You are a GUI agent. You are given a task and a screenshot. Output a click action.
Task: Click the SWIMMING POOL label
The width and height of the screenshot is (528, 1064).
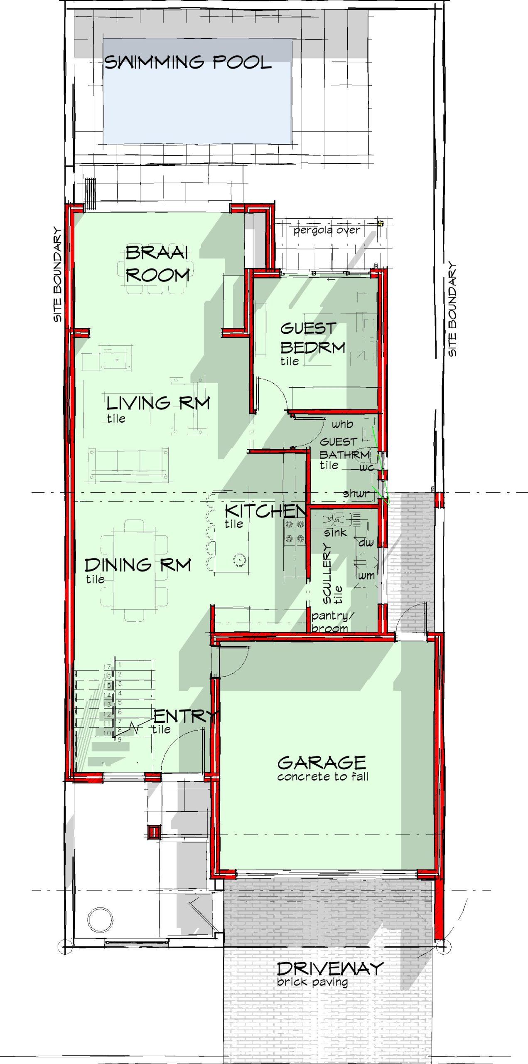pos(187,62)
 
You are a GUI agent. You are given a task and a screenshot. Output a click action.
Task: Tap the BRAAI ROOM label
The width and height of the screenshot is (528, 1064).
pos(157,264)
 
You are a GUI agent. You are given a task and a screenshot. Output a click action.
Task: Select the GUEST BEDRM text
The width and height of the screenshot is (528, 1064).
pos(313,337)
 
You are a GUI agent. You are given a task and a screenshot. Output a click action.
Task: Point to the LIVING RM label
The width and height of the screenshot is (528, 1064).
pos(158,403)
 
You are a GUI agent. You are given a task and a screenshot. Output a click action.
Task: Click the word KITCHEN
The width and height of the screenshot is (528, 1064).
pos(265,511)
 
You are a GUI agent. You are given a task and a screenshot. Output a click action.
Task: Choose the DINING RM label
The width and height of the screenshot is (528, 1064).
pos(138,565)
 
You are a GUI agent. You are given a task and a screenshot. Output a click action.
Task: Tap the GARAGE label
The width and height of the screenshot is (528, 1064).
pos(322,763)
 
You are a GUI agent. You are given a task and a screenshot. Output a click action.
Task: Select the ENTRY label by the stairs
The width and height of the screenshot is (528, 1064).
pos(185,716)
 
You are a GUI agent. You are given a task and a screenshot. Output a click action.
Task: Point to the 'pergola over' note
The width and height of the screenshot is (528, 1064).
pos(327,230)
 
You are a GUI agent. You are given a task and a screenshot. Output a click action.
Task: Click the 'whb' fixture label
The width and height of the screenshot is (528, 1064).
pos(342,424)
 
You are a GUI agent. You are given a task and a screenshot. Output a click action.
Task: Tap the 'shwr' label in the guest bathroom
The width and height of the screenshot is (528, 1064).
pos(356,493)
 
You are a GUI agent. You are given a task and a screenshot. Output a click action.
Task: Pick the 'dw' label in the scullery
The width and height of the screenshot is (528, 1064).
pos(366,542)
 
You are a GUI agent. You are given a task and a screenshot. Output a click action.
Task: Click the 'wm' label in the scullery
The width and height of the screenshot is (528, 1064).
pos(366,576)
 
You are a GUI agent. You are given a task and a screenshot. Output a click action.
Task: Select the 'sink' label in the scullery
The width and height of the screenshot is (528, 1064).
pos(335,532)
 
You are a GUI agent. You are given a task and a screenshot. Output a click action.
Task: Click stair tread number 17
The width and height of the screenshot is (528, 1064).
pos(107,667)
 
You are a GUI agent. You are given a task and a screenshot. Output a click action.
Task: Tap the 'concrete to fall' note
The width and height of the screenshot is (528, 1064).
pos(323,776)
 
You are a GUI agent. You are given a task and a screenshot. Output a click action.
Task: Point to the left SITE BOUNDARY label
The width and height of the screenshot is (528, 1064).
pos(57,274)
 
